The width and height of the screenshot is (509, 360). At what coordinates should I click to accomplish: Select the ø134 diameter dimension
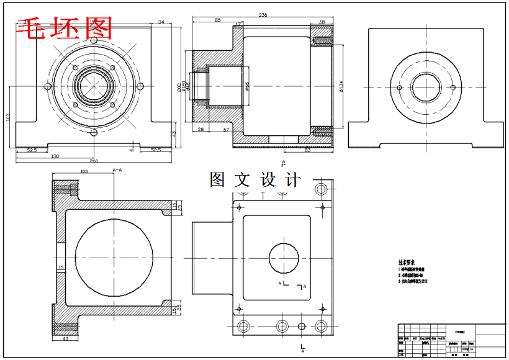341,86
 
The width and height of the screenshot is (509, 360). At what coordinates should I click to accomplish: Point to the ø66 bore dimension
246,86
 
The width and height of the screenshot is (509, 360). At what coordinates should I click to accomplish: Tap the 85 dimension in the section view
217,20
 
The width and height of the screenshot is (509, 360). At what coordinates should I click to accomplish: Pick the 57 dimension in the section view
227,129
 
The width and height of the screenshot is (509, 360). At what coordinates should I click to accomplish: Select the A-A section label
117,169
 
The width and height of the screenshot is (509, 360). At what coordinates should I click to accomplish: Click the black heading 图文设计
255,180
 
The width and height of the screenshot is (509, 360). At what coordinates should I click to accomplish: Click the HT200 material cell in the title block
459,332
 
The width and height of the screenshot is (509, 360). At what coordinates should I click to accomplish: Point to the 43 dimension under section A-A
66,339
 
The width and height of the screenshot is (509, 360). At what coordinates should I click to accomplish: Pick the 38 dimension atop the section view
322,22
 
